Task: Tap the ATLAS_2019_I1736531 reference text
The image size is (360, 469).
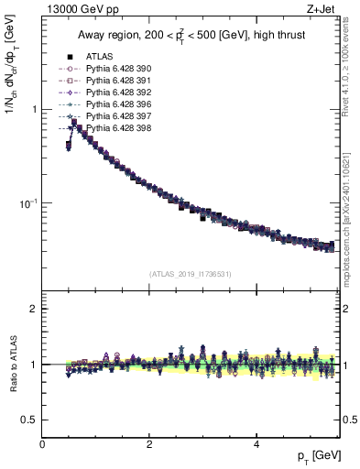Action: pos(191,274)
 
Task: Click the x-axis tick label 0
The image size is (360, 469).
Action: pos(43,445)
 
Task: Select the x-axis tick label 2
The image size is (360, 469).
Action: pos(149,445)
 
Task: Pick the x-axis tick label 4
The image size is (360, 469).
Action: pos(256,445)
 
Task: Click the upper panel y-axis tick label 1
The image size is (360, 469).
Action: pos(35,109)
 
